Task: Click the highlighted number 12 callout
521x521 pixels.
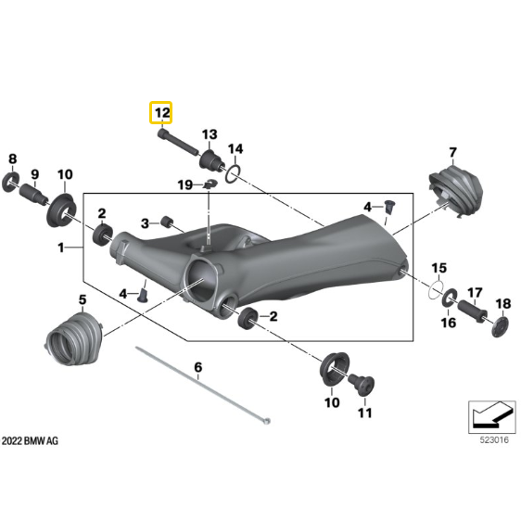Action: pos(162,113)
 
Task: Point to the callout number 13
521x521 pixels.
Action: pos(210,133)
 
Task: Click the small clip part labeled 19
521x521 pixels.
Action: pos(210,185)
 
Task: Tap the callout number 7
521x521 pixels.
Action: pos(452,152)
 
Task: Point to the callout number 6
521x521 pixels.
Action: pos(197,368)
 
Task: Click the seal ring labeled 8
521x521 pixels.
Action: pos(13,177)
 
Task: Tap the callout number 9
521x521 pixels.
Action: pos(34,173)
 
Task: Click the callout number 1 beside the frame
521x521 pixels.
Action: pos(61,248)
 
